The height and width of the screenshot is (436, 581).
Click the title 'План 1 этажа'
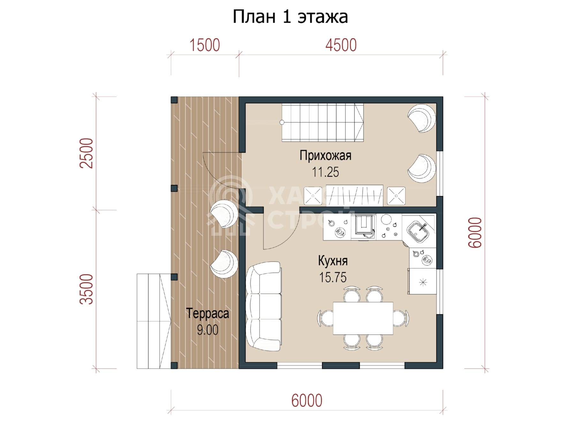point(290,17)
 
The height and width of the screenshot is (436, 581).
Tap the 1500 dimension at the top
point(205,45)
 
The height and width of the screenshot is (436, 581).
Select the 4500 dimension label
point(341,45)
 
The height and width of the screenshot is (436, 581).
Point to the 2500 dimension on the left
point(87,153)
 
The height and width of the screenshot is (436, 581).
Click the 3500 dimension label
point(87,289)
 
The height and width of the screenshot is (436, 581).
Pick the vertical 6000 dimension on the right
point(475,232)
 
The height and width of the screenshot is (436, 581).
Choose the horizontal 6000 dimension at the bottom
point(307,401)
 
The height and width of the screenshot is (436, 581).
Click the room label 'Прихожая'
point(325,156)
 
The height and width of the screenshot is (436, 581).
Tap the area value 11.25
point(325,172)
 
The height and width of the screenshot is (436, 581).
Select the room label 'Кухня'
point(333,261)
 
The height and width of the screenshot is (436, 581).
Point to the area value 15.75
point(333,277)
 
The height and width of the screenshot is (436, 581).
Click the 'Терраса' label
point(207,313)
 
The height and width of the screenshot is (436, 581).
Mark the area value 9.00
point(207,330)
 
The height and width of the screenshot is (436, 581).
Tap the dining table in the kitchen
point(363,318)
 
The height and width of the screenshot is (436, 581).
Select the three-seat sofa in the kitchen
point(264,307)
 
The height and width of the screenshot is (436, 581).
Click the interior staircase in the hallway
point(322,122)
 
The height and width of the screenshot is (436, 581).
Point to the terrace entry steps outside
point(154,321)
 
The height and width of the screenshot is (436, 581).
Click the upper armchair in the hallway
point(422,118)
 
